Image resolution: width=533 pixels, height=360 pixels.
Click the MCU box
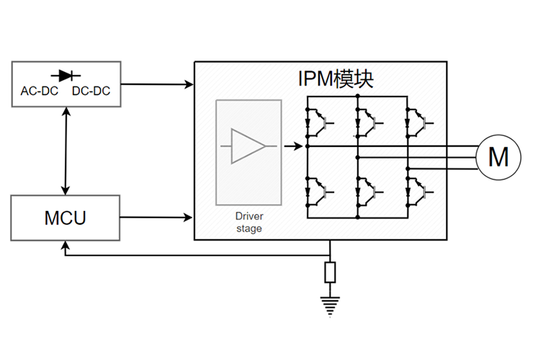65,217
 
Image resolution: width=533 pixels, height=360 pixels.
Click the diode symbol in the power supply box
66,74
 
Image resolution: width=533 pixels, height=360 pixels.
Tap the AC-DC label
39,91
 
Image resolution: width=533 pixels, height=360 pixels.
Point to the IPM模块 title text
336,79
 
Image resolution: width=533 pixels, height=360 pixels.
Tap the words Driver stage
248,222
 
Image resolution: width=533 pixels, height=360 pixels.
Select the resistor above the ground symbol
330,273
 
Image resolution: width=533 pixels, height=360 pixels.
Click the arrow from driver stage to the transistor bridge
292,146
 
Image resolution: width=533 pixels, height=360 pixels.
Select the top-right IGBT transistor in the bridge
418,120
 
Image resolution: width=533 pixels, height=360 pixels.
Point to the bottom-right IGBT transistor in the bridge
418,191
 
